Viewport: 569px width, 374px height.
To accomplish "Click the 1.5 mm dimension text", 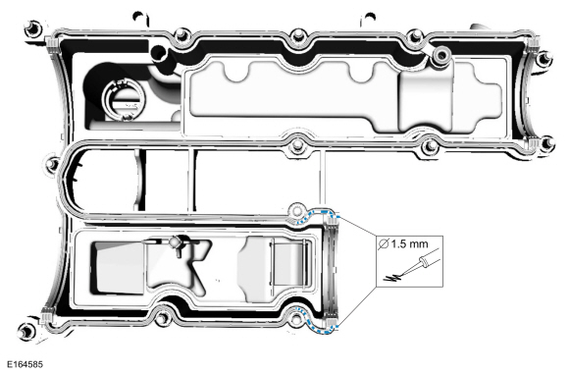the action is (409, 244).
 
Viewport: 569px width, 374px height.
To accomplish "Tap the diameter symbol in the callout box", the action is (383, 244).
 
